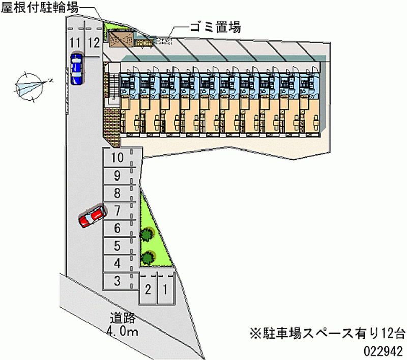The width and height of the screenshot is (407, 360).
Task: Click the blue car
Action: click(76, 68)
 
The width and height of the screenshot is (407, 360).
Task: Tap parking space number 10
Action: click(118, 158)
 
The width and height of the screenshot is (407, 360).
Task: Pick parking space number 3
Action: click(118, 280)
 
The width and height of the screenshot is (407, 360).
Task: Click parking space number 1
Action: click(165, 290)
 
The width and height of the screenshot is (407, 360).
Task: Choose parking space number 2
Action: click(148, 290)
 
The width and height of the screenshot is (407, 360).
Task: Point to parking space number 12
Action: click(93, 42)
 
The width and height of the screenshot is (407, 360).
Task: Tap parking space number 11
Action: click(76, 42)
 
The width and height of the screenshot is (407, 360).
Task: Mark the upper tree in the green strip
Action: click(147, 234)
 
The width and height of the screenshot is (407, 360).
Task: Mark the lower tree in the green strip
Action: click(148, 257)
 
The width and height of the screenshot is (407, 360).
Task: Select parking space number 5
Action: click(118, 246)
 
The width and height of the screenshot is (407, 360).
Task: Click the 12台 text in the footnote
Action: click(393, 334)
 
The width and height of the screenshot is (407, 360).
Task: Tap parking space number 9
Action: click(118, 176)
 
